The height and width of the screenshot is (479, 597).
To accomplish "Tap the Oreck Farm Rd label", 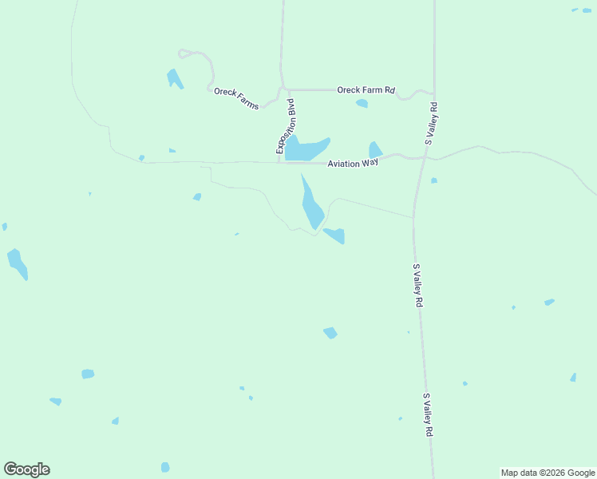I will point(366,90).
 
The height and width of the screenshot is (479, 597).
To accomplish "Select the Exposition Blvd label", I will point(286,126).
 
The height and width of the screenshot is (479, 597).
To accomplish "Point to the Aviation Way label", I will point(352,163).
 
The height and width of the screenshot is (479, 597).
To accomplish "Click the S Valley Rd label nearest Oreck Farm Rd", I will point(432,123).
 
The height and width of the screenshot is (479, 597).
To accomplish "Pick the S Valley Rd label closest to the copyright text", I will point(428,414).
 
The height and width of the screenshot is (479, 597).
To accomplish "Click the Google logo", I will point(26,469).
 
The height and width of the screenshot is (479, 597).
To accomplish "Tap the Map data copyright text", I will point(548,473).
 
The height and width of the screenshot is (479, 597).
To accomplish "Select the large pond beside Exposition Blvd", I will point(305,148).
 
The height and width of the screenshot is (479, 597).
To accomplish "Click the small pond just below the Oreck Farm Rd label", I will point(362,103).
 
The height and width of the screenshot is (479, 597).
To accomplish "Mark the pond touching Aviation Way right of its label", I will point(375,150).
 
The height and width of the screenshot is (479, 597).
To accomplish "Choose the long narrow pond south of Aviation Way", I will point(310,204).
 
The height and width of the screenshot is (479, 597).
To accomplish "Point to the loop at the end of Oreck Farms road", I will point(185,53).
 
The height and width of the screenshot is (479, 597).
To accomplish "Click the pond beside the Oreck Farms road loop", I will point(174,78).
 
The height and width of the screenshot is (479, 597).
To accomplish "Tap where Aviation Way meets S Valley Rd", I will point(421,157).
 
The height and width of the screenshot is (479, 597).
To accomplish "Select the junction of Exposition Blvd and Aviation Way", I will point(280,162).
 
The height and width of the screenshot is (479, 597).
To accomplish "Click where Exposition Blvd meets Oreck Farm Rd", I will point(283,89).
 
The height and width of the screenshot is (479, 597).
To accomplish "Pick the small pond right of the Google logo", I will point(165,467).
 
